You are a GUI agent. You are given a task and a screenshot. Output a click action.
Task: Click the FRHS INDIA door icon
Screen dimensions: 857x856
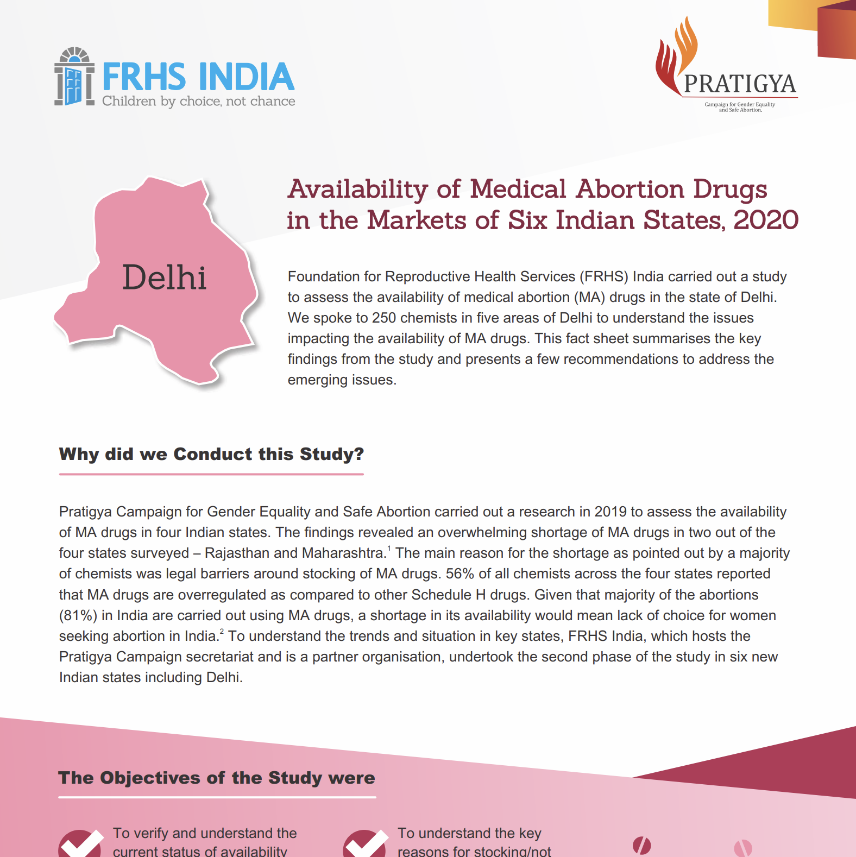[74, 77]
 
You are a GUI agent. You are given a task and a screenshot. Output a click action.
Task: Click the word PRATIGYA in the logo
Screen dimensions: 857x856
[740, 84]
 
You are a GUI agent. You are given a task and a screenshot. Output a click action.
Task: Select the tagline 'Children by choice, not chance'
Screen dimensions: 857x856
[198, 102]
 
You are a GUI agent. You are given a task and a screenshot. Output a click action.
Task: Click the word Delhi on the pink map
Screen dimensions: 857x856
[164, 278]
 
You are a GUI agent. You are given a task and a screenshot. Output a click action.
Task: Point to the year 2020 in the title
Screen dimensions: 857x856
[766, 220]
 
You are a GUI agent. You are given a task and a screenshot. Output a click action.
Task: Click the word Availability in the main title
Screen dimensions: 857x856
[358, 190]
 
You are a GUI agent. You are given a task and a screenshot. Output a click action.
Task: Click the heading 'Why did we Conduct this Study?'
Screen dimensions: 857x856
[211, 454]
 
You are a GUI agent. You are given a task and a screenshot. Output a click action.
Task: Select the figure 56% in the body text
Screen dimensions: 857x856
[460, 574]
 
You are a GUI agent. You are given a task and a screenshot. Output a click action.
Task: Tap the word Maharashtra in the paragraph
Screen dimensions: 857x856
[343, 553]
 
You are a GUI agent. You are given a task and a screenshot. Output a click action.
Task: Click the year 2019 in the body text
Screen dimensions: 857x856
[610, 512]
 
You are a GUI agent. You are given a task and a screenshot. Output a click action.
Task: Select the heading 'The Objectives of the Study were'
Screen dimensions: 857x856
[216, 778]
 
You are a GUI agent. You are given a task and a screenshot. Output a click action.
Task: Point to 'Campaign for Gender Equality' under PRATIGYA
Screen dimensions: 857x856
[740, 104]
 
